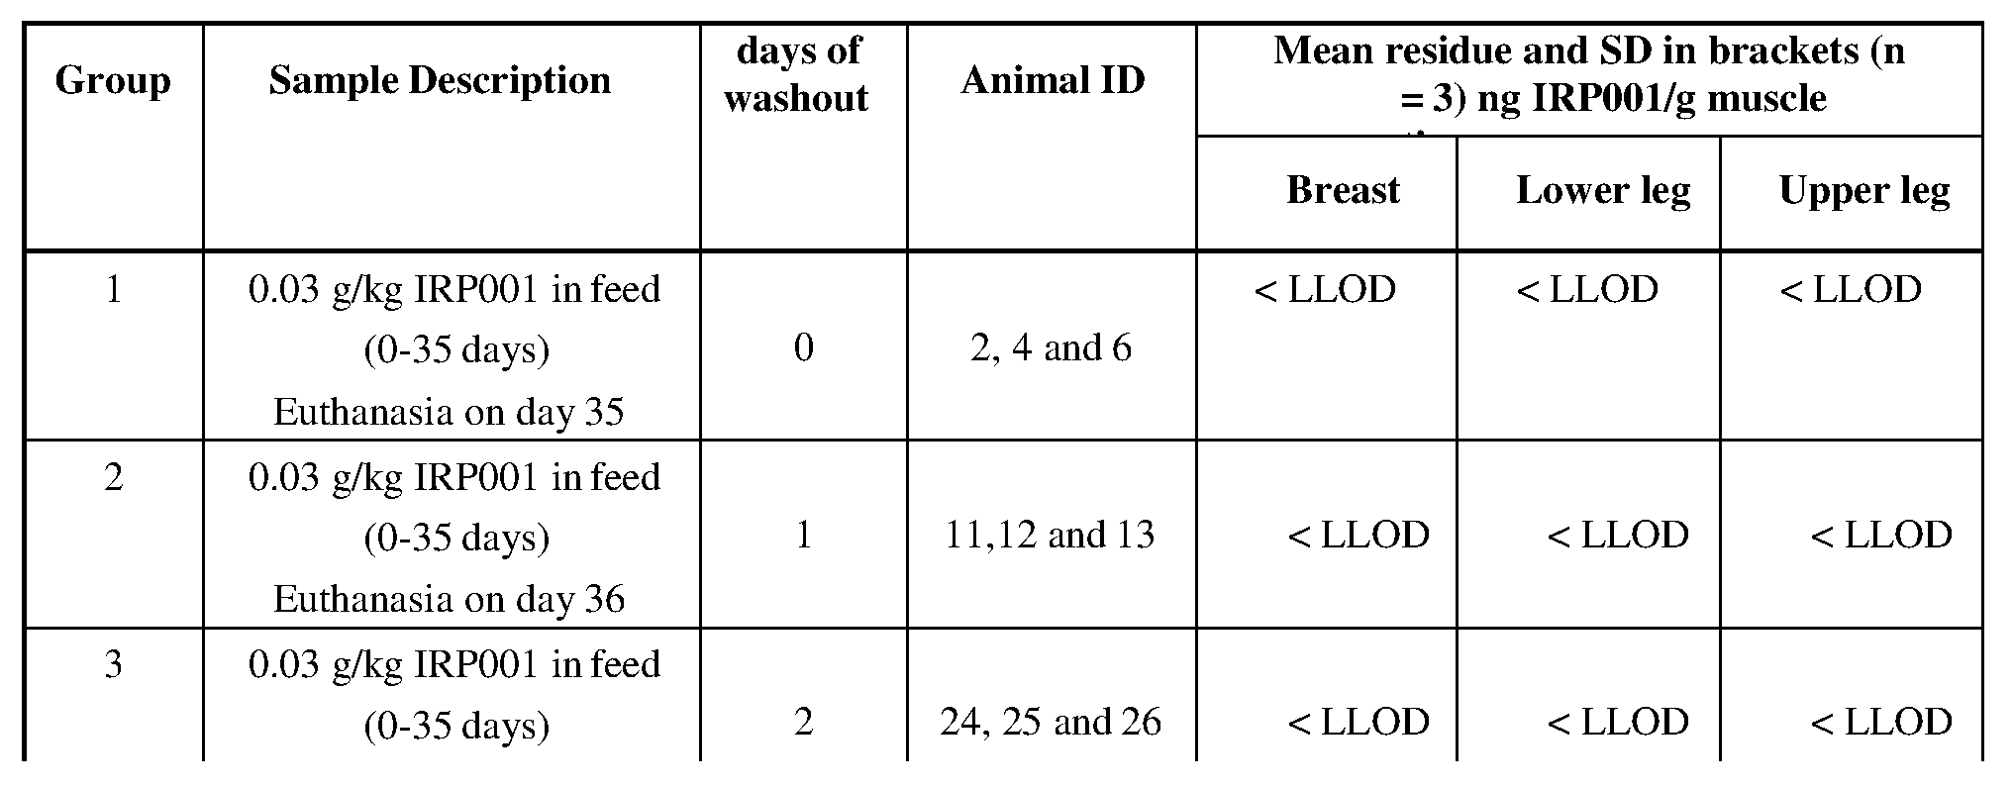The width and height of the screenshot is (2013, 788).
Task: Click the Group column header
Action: (x=113, y=81)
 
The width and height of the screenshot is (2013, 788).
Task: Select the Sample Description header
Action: (x=440, y=81)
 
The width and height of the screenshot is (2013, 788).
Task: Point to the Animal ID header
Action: (x=1052, y=81)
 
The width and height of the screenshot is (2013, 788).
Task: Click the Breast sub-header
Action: (x=1343, y=190)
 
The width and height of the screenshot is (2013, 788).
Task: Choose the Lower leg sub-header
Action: (x=1602, y=190)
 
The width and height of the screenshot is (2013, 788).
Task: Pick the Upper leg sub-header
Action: (x=1863, y=190)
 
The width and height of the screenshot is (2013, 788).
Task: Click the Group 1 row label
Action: (x=114, y=290)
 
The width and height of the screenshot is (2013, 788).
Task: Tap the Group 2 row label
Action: (x=114, y=478)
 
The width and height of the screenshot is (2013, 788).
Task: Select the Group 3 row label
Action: (x=114, y=664)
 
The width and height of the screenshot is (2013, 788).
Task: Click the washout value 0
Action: (x=803, y=348)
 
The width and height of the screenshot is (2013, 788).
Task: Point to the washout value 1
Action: (x=803, y=536)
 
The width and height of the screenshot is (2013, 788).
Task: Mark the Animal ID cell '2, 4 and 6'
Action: (x=1051, y=348)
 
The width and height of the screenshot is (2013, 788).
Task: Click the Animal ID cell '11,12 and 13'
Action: (x=1051, y=536)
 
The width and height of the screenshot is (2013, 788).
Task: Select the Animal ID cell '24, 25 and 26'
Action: (x=1051, y=723)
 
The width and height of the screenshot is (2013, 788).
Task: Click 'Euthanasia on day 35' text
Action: (x=449, y=412)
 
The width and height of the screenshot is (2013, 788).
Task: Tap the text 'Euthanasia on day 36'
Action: (x=449, y=599)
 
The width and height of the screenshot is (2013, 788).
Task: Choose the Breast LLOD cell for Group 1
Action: (x=1325, y=290)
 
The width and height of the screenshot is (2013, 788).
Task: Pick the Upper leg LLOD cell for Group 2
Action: (x=1881, y=536)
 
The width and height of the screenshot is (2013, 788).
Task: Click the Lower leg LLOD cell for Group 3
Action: (x=1618, y=723)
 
